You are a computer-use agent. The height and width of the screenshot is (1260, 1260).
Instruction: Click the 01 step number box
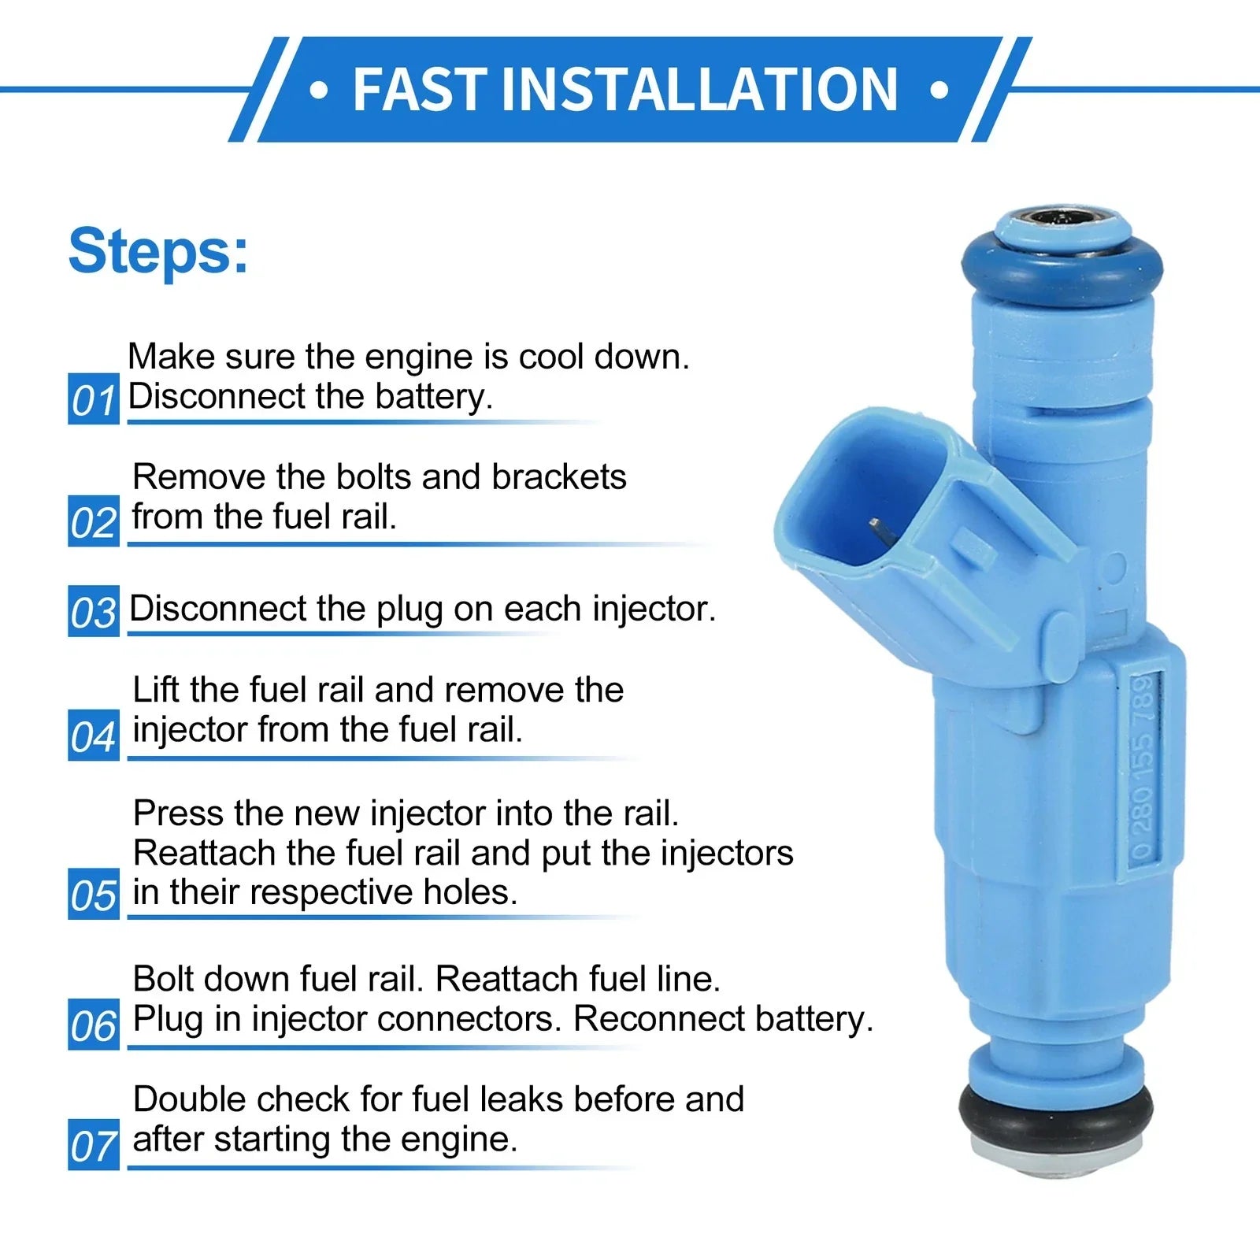pyautogui.click(x=94, y=398)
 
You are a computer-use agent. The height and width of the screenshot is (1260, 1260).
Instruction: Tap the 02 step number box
pyautogui.click(x=94, y=521)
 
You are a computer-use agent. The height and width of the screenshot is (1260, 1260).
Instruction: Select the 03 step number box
pyautogui.click(x=94, y=611)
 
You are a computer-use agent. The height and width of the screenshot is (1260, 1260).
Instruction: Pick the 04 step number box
pyautogui.click(x=94, y=736)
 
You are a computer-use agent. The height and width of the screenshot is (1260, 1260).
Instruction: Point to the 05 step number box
pyautogui.click(x=94, y=894)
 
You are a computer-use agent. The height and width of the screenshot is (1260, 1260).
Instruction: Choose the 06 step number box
pyautogui.click(x=94, y=1025)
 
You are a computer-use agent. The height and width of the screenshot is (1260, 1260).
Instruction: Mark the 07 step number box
pyautogui.click(x=94, y=1145)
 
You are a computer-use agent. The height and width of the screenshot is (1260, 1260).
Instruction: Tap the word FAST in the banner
pyautogui.click(x=417, y=90)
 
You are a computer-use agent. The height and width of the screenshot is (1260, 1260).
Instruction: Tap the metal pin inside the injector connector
pyautogui.click(x=880, y=533)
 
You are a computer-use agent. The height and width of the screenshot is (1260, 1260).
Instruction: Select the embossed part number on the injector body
pyautogui.click(x=1147, y=767)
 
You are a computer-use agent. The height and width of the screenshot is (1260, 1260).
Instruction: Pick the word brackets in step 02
pyautogui.click(x=559, y=476)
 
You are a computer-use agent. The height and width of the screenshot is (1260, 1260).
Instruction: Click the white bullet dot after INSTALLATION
pyautogui.click(x=939, y=90)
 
